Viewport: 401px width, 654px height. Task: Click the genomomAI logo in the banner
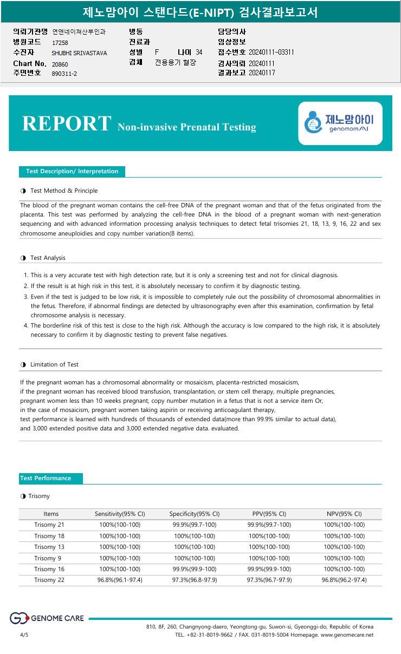tap(340, 123)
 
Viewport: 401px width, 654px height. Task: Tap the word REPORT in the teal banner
tap(67, 123)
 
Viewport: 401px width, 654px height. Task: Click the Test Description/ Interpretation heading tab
tap(72, 172)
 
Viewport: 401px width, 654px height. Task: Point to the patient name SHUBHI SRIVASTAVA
tap(79, 53)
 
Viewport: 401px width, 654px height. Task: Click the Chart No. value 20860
tap(60, 64)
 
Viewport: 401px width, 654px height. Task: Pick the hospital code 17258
tap(60, 42)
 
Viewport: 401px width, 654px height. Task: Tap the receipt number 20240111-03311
tap(271, 53)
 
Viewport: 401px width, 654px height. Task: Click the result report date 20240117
tap(262, 73)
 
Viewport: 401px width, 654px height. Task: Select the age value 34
tap(199, 53)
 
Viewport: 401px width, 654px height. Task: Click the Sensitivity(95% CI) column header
tap(120, 514)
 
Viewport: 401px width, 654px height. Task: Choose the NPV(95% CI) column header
tap(345, 514)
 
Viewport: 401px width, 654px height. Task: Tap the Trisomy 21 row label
tap(49, 525)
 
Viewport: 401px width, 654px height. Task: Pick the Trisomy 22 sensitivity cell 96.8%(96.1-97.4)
tap(120, 580)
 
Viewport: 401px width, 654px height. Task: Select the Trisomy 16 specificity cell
tap(195, 569)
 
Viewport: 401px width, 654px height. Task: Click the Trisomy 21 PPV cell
tap(269, 525)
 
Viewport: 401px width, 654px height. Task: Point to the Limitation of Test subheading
tap(54, 364)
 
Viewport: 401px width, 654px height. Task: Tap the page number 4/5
tap(24, 635)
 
